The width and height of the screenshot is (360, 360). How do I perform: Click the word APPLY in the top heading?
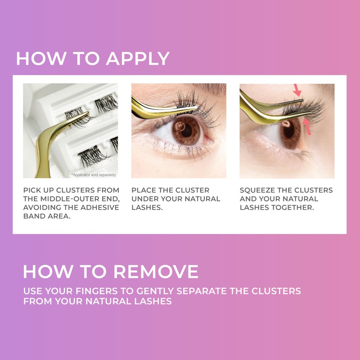(x=138, y=59)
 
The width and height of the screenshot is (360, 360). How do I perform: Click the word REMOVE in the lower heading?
(x=155, y=272)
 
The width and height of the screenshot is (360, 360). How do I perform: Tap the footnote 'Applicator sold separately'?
(x=94, y=175)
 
